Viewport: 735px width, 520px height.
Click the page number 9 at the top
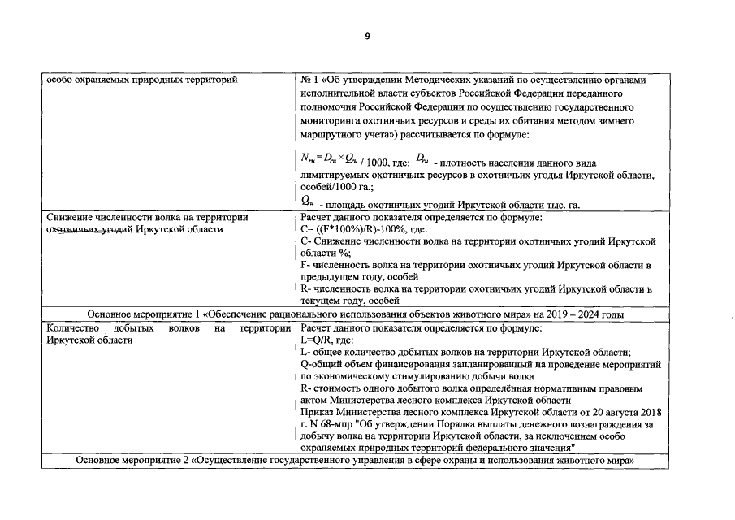pos(367,37)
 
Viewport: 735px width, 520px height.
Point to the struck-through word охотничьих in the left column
pos(72,230)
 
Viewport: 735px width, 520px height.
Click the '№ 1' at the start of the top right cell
pos(309,80)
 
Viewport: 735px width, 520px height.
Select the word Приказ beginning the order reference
pos(318,412)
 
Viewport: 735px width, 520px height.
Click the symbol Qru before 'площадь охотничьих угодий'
pos(308,200)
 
